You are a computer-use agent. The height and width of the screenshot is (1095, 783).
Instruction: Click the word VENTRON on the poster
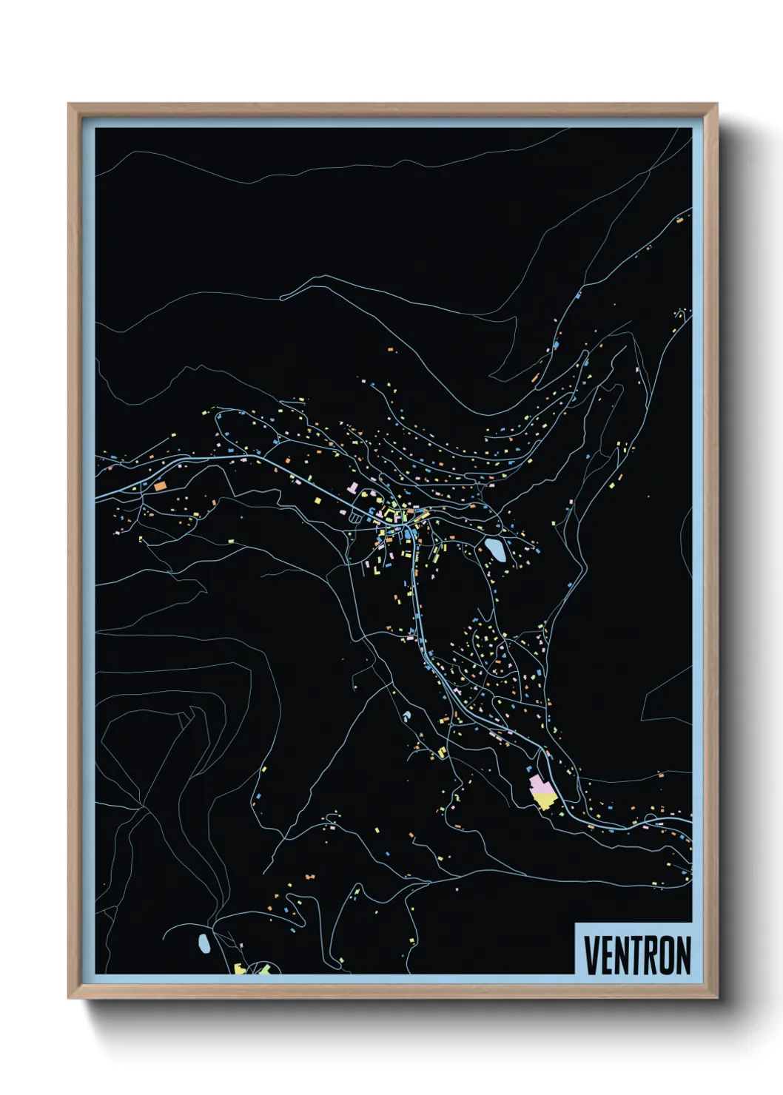pyautogui.click(x=637, y=955)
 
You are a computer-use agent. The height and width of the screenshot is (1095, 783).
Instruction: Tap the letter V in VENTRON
pyautogui.click(x=592, y=955)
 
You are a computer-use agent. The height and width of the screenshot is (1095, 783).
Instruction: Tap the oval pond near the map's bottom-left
pyautogui.click(x=204, y=943)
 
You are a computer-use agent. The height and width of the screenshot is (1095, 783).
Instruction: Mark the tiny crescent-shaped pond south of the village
pyautogui.click(x=406, y=716)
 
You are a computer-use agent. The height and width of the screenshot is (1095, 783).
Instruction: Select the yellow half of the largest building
pyautogui.click(x=545, y=800)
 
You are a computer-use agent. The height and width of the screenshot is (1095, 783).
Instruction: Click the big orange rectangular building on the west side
pyautogui.click(x=160, y=486)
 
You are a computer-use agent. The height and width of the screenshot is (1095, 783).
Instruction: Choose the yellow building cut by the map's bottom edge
pyautogui.click(x=241, y=969)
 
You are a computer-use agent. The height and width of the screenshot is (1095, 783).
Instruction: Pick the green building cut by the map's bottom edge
pyautogui.click(x=263, y=969)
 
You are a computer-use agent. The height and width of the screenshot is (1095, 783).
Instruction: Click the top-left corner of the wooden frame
pyautogui.click(x=70, y=105)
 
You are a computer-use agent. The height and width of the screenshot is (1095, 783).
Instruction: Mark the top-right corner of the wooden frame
pyautogui.click(x=716, y=105)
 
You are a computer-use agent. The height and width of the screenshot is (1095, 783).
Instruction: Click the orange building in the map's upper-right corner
pyautogui.click(x=679, y=218)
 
